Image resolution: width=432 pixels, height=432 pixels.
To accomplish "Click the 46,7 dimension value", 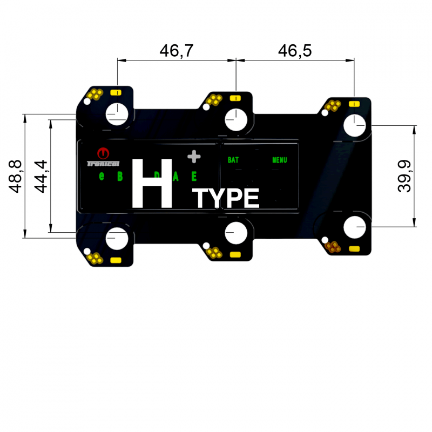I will click(177, 51).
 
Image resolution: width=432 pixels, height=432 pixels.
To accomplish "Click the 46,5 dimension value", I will click(295, 51).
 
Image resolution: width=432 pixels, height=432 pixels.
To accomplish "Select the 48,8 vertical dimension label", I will click(16, 176).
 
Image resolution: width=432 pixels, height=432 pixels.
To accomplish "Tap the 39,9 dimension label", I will click(404, 176).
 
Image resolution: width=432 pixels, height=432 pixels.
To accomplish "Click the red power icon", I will click(103, 153).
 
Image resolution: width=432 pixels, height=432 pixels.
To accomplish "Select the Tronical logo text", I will click(103, 163).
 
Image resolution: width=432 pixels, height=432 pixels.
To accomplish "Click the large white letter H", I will click(153, 183).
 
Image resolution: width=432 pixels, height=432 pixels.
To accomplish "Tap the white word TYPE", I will click(227, 199).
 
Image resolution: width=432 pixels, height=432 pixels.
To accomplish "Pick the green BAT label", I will click(233, 160).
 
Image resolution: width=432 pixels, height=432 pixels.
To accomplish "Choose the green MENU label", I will click(279, 160).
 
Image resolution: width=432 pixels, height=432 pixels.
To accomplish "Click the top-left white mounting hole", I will click(117, 114).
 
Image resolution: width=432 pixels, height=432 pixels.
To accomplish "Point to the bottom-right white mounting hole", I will click(355, 227).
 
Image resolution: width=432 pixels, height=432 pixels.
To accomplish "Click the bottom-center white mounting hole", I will click(236, 233).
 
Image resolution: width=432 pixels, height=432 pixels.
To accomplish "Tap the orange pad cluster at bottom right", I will click(333, 247).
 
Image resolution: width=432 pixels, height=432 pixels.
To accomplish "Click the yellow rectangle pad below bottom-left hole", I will click(115, 260).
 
